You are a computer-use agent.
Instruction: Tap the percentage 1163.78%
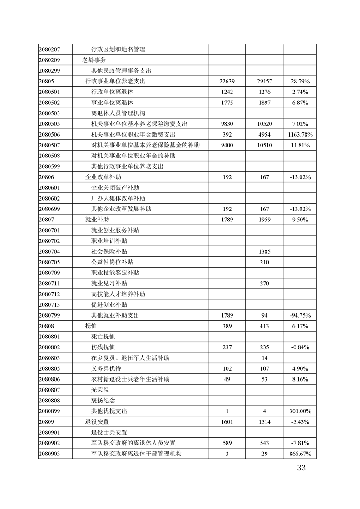tap(300, 135)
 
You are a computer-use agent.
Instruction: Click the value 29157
tap(264, 82)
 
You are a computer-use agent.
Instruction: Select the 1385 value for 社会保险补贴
tap(264, 252)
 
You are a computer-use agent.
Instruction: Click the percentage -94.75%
tap(300, 315)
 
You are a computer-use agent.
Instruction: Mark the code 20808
tap(47, 326)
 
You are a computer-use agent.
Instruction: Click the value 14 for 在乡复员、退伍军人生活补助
tap(264, 358)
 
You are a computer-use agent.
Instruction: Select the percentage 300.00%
tap(300, 411)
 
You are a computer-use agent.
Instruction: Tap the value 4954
tap(264, 135)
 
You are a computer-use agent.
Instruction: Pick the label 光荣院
tap(100, 390)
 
